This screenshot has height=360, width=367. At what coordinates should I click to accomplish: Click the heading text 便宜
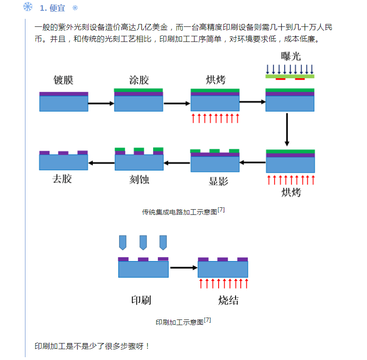pyautogui.click(x=57, y=8)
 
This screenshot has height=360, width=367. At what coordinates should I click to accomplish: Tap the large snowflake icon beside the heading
pyautogui.click(x=28, y=7)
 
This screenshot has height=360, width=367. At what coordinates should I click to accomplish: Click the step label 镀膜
pyautogui.click(x=64, y=80)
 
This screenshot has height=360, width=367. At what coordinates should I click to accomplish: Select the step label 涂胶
pyautogui.click(x=139, y=80)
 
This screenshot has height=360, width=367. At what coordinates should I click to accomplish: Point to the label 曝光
pyautogui.click(x=290, y=57)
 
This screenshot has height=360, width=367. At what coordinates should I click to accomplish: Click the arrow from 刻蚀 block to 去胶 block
pyautogui.click(x=101, y=163)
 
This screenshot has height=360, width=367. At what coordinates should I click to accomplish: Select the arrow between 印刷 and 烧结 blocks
pyautogui.click(x=183, y=268)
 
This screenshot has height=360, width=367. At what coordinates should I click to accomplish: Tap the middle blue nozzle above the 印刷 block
pyautogui.click(x=143, y=242)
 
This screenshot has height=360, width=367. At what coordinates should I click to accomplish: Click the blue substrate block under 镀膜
pyautogui.click(x=64, y=104)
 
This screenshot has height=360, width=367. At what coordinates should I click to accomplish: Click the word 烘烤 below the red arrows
pyautogui.click(x=290, y=192)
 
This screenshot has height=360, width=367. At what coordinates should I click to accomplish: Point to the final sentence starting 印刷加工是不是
pyautogui.click(x=92, y=346)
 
